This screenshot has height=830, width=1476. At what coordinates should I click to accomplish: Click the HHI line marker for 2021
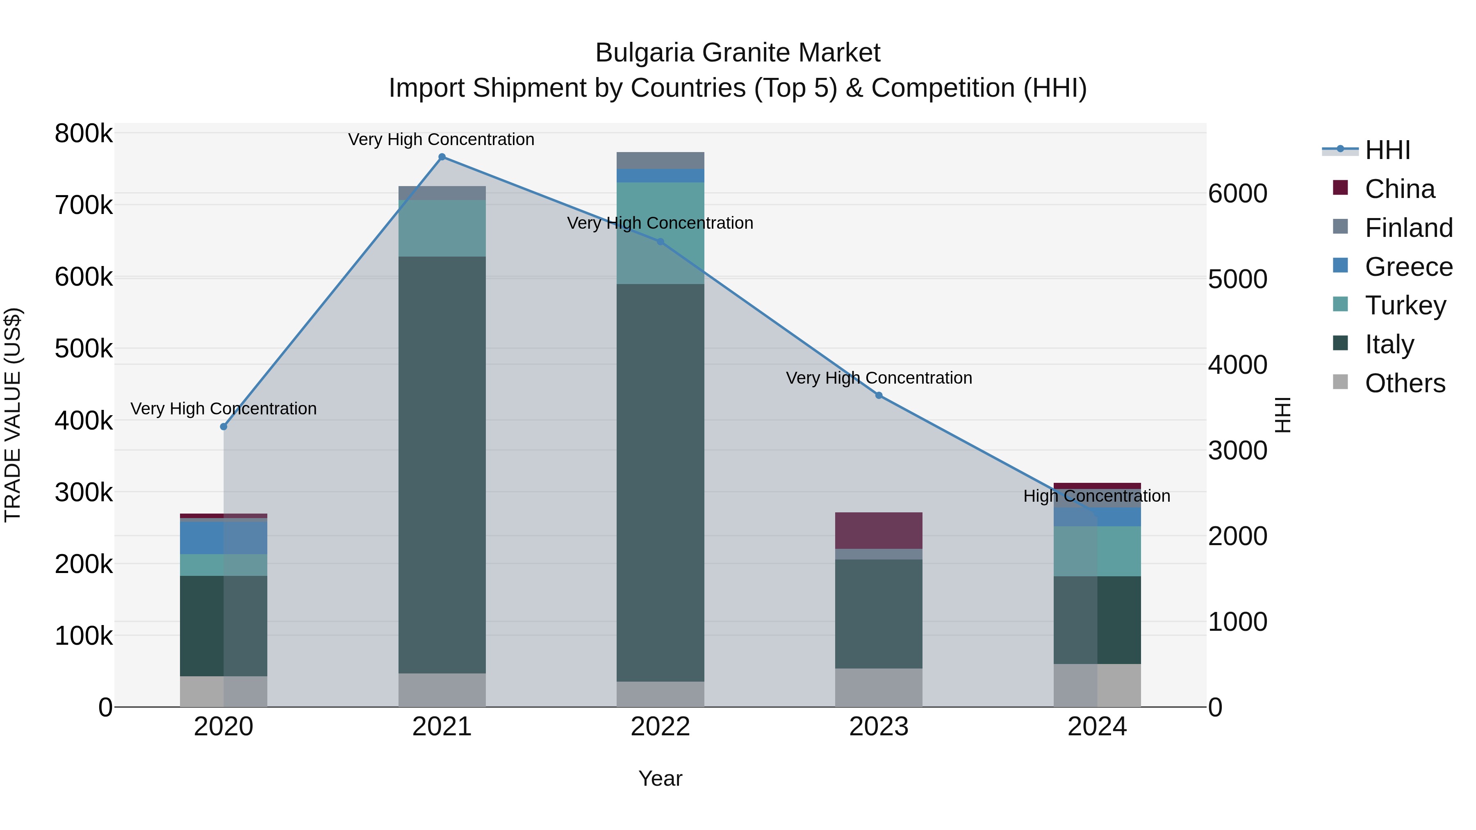(x=442, y=157)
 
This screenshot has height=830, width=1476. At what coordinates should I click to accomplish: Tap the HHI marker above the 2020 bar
(x=223, y=427)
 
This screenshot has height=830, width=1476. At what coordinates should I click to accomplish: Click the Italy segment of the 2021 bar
(x=442, y=464)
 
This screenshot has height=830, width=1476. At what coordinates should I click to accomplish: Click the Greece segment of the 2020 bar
(x=223, y=537)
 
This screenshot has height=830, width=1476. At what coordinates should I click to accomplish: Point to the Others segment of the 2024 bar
(x=1097, y=685)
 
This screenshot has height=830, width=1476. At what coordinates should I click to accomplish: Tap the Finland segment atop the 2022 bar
(x=660, y=160)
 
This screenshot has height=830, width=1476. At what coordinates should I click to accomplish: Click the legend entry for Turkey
(x=1405, y=305)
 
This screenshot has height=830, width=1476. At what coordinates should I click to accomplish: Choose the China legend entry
(x=1399, y=189)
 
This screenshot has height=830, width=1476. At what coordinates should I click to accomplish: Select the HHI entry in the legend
(x=1387, y=150)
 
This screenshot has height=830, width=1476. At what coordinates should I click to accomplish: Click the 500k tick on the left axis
(x=84, y=348)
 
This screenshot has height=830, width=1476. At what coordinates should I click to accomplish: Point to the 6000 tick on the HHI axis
(x=1238, y=193)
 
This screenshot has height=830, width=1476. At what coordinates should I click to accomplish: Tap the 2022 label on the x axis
(x=660, y=727)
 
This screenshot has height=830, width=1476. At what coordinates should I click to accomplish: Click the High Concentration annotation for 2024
(x=1097, y=496)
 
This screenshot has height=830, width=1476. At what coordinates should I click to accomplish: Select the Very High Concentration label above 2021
(x=441, y=139)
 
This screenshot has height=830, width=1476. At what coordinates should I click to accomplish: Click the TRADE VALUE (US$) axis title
(x=13, y=415)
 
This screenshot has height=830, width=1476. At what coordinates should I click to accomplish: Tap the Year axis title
(x=660, y=778)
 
